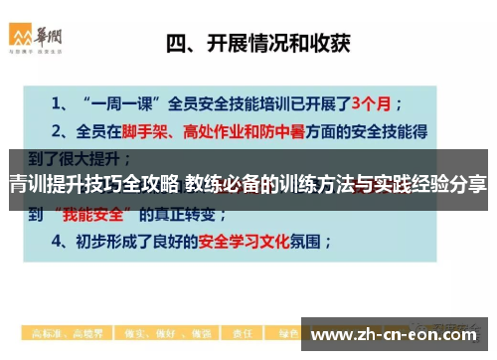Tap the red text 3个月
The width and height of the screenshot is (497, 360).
pyautogui.click(x=385, y=101)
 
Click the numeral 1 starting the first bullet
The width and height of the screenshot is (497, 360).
pyautogui.click(x=56, y=102)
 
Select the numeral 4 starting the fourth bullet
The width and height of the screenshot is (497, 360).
pyautogui.click(x=56, y=240)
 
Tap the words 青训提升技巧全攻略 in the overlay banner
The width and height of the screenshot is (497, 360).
pyautogui.click(x=91, y=183)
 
